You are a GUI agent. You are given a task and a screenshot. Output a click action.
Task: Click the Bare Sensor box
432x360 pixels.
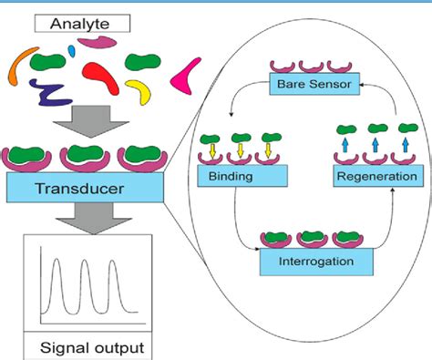point(312,86)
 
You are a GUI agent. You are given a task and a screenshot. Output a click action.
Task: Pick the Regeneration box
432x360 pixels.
point(376,174)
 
